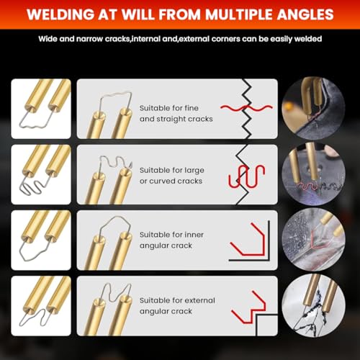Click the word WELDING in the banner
pyautogui.click(x=60, y=14)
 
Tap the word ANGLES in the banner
pyautogui.click(x=305, y=14)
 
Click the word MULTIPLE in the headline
pyautogui.click(x=238, y=14)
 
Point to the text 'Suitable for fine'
pyautogui.click(x=169, y=108)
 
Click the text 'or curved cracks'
pyautogui.click(x=171, y=181)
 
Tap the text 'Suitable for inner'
pyautogui.click(x=171, y=235)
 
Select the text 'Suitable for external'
pyautogui.click(x=177, y=300)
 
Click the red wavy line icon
pyautogui.click(x=246, y=108)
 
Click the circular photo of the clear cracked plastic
pyautogui.click(x=313, y=240)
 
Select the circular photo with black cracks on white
pyautogui.click(x=313, y=305)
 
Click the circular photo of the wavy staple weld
pyautogui.click(x=313, y=174)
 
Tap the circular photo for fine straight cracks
pyautogui.click(x=313, y=108)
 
